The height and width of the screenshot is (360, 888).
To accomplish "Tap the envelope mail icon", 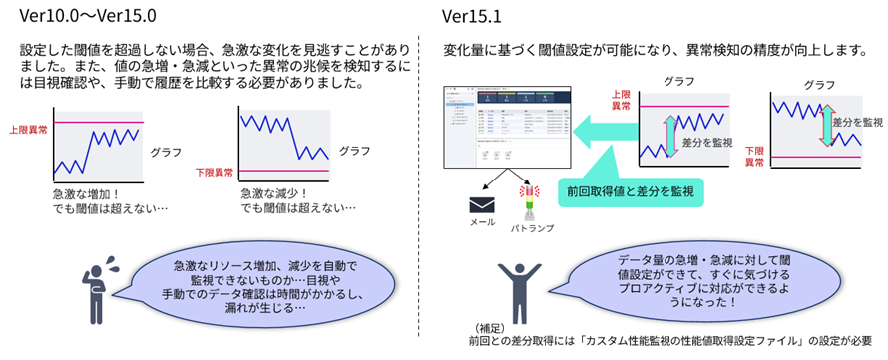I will click(x=483, y=205).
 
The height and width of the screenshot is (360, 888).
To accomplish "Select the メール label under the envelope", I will click(x=483, y=224).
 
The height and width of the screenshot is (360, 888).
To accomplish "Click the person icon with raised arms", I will click(x=520, y=289).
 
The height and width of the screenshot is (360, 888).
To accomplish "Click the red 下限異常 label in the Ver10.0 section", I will click(x=215, y=173).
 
